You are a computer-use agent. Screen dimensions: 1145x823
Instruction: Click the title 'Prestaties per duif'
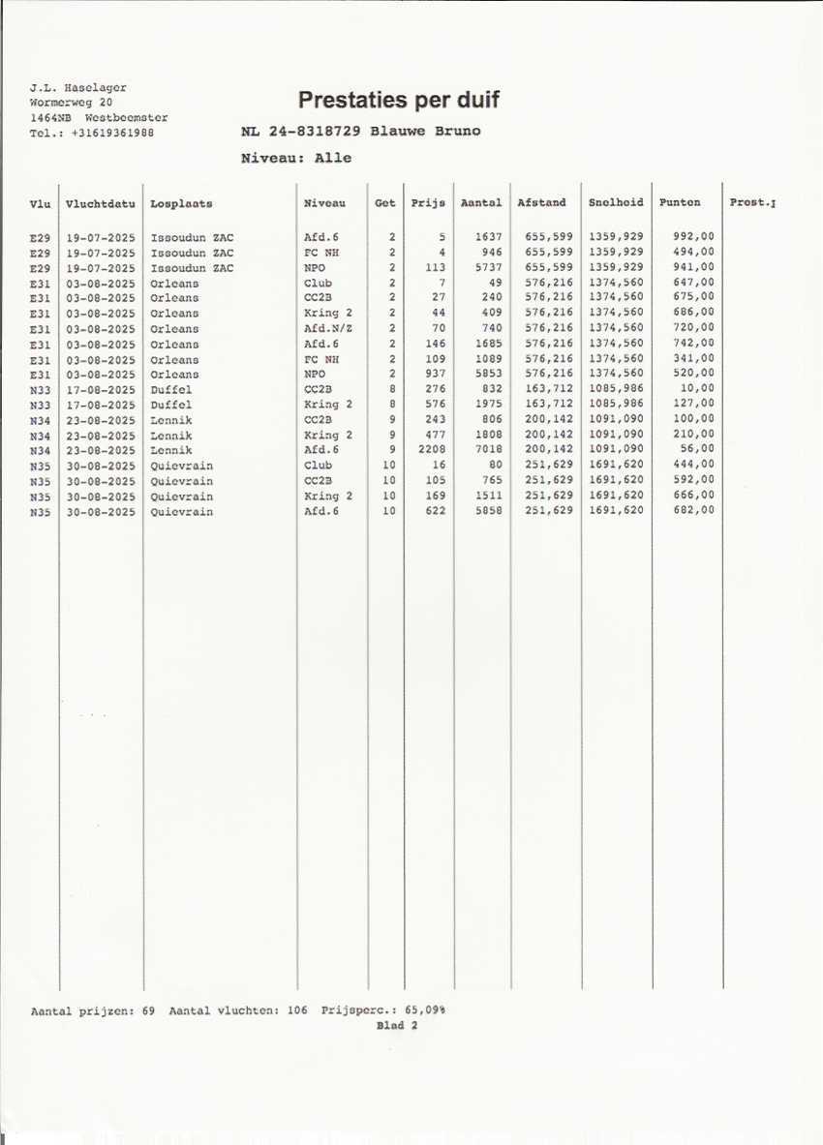point(398,100)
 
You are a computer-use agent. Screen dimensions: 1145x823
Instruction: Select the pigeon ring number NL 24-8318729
point(302,132)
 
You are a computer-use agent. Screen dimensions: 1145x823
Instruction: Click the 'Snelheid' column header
point(615,203)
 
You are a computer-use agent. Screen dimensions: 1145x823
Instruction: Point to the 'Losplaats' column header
point(181,204)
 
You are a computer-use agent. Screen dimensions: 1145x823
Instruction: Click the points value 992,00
point(693,237)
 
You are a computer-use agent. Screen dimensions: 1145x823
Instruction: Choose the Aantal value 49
point(495,283)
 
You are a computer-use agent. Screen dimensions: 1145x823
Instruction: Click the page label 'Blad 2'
point(397,1026)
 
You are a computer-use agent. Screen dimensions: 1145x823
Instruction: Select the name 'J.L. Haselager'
point(78,88)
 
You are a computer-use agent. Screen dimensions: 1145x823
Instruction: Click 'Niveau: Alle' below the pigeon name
point(296,158)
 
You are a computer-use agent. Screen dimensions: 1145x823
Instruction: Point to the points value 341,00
point(693,358)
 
